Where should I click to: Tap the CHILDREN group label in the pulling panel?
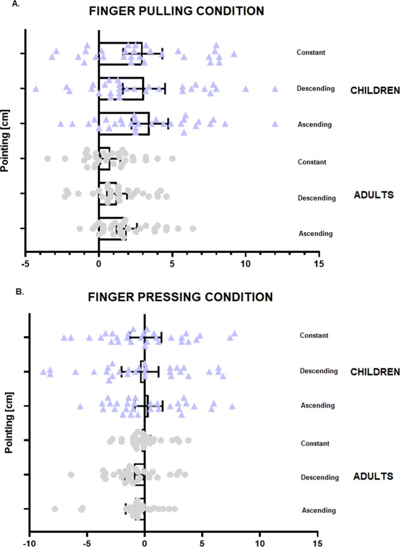[x=375, y=91]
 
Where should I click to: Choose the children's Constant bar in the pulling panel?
[x=120, y=53]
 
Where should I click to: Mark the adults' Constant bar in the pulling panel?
[x=104, y=159]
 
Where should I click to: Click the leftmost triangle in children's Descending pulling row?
[x=36, y=89]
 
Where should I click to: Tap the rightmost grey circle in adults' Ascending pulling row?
[x=193, y=228]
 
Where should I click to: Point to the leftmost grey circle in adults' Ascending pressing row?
[x=55, y=509]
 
